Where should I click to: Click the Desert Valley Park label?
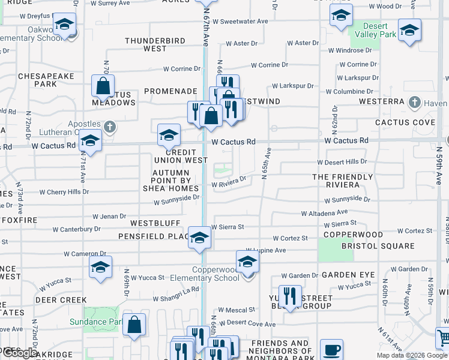pyautogui.click(x=379, y=31)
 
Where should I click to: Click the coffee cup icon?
pyautogui.click(x=331, y=350)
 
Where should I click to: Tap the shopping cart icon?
pyautogui.click(x=443, y=338)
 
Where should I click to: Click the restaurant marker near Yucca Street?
pyautogui.click(x=290, y=296)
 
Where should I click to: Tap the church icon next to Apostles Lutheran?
pyautogui.click(x=109, y=127)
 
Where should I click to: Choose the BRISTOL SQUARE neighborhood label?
pyautogui.click(x=378, y=246)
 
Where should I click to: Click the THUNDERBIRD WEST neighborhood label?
pyautogui.click(x=154, y=44)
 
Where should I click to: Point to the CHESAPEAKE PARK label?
pyautogui.click(x=46, y=80)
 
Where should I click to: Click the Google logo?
pyautogui.click(x=20, y=353)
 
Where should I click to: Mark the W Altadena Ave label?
pyautogui.click(x=324, y=213)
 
